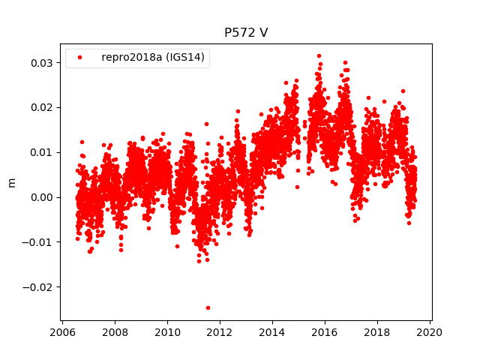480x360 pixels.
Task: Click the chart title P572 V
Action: [245, 33]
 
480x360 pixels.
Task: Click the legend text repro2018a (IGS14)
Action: [154, 58]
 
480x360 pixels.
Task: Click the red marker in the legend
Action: [80, 58]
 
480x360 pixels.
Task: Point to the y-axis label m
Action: [11, 182]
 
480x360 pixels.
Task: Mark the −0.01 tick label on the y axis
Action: [38, 242]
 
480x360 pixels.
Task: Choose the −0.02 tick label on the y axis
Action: [38, 287]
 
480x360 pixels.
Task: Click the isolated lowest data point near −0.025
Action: [208, 307]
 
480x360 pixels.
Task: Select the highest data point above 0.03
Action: [319, 55]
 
